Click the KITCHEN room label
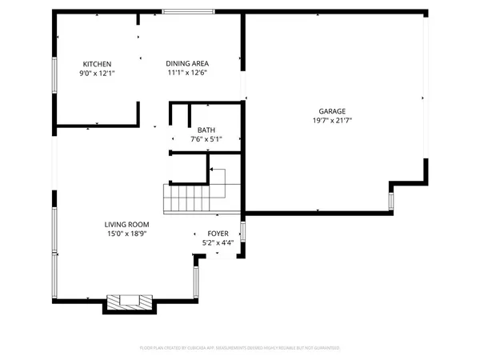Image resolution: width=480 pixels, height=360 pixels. tap(98, 64)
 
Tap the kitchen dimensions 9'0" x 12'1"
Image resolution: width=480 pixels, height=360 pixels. tap(98, 73)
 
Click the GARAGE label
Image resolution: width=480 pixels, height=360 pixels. tap(334, 111)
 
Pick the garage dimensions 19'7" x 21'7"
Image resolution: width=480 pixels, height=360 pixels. tap(334, 120)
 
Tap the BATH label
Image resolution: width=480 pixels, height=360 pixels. tap(206, 130)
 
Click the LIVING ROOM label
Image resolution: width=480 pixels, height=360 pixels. tap(126, 225)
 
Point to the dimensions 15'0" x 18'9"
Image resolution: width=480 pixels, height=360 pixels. tap(126, 234)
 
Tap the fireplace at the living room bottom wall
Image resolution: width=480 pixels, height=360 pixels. tap(130, 302)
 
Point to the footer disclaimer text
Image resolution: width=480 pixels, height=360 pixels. tap(240, 348)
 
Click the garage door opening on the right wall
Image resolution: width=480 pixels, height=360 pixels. tap(425, 96)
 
